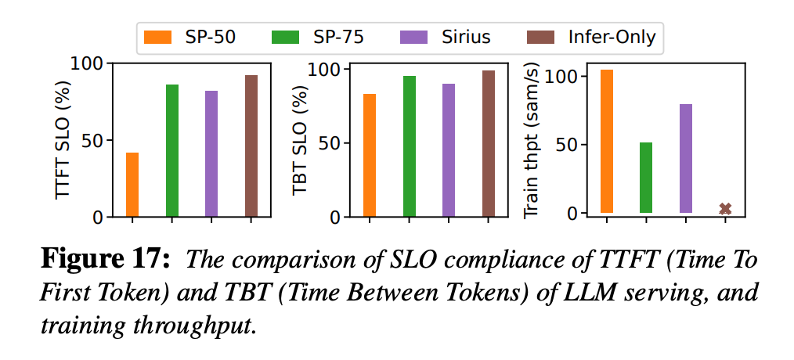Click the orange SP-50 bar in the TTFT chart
(x=132, y=184)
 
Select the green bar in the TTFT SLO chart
(x=172, y=149)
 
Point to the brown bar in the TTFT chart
(x=251, y=146)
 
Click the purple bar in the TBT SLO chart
(x=449, y=149)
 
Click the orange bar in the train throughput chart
(x=607, y=141)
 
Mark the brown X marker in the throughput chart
(x=725, y=208)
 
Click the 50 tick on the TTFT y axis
(x=93, y=141)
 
